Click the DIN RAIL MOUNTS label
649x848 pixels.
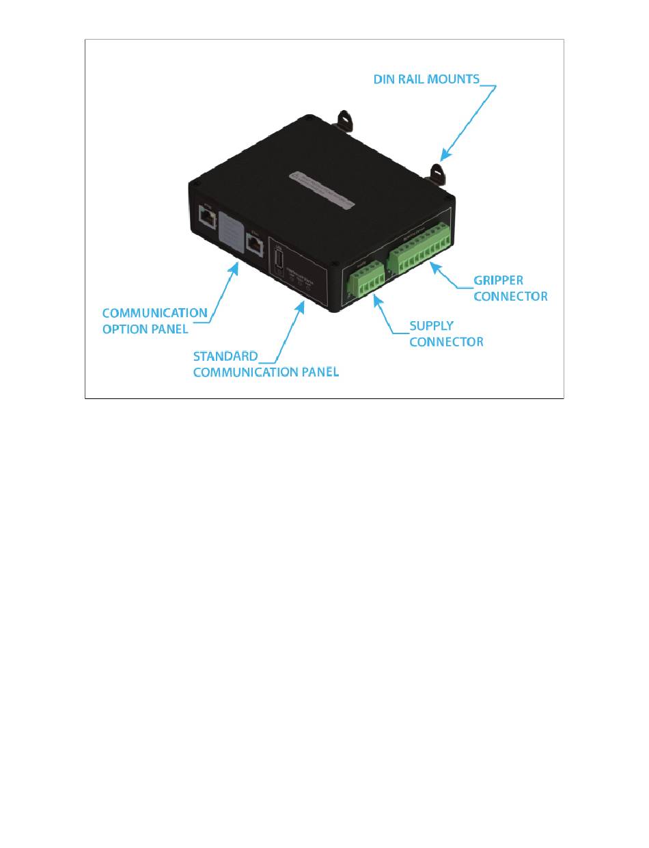tap(426, 79)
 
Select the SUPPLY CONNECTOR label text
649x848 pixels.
tap(445, 333)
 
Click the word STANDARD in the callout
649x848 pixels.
tap(225, 356)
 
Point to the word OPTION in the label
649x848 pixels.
tap(126, 329)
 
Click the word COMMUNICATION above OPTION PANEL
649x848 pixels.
tap(154, 313)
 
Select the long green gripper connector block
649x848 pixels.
tap(419, 245)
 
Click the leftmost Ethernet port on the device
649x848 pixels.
tap(206, 217)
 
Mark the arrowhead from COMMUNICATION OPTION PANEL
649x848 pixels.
tap(236, 265)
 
